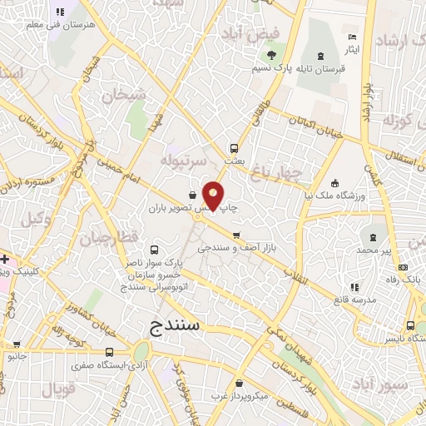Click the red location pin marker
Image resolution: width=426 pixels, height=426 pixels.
click(214, 196)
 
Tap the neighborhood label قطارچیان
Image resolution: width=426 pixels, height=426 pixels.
click(109, 238)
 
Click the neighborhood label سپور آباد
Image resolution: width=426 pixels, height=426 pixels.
click(379, 384)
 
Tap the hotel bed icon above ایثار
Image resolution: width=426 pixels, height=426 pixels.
click(352, 37)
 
